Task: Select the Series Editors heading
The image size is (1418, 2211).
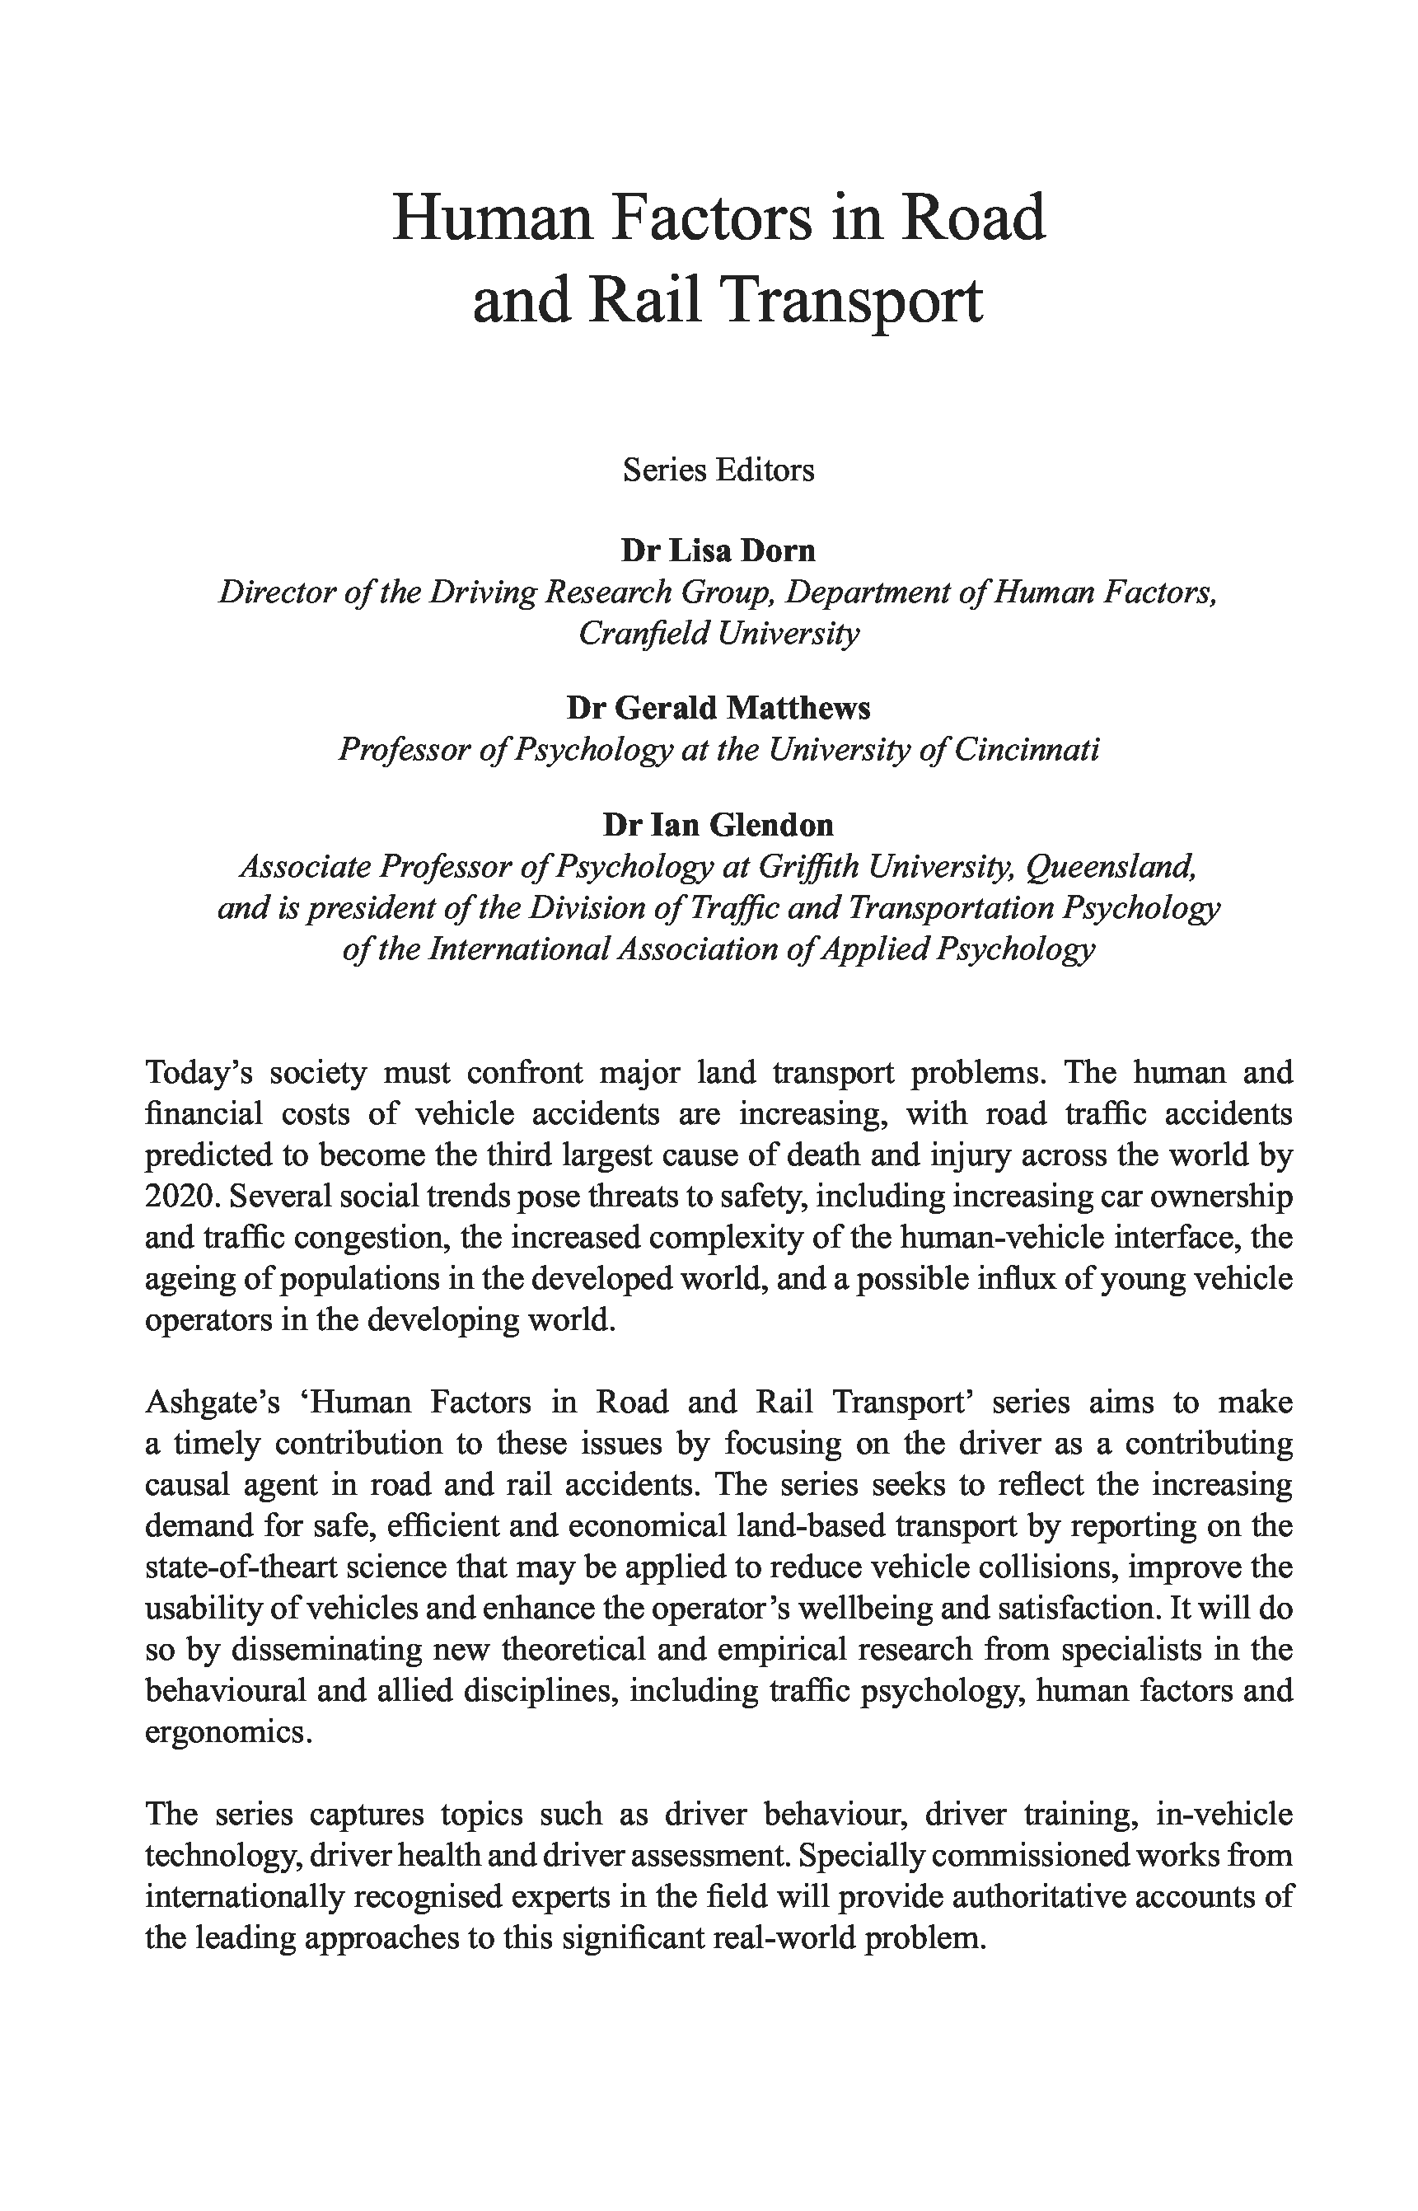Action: click(718, 471)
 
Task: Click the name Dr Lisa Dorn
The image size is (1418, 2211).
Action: click(718, 550)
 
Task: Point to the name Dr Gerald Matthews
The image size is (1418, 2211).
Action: click(718, 708)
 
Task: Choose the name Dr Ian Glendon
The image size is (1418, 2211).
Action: click(718, 824)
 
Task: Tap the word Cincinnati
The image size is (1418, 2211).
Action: click(1026, 751)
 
